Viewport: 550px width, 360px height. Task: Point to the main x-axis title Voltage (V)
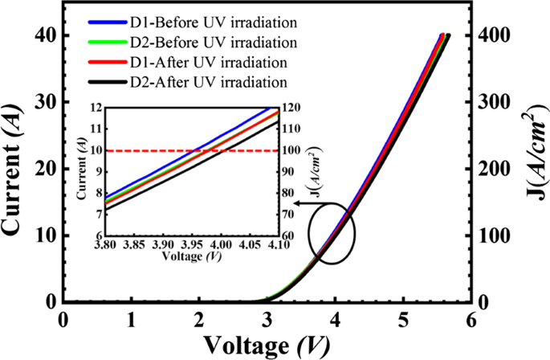pos(264,346)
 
